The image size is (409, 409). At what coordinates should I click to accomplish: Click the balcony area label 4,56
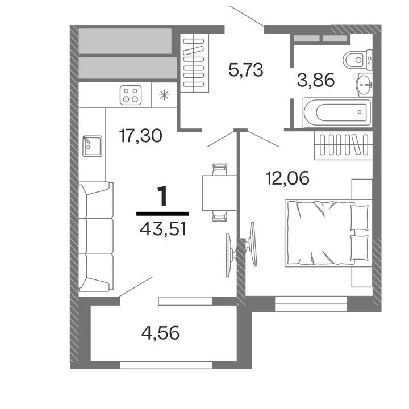(160, 332)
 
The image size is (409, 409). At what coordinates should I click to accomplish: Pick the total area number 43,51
(163, 229)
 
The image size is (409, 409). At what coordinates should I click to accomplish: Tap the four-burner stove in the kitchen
(131, 95)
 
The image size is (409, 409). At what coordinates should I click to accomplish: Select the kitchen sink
(91, 145)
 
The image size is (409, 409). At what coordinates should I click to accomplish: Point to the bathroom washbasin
(364, 85)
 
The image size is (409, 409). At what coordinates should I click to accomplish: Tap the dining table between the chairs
(219, 192)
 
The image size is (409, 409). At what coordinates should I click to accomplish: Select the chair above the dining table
(219, 169)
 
